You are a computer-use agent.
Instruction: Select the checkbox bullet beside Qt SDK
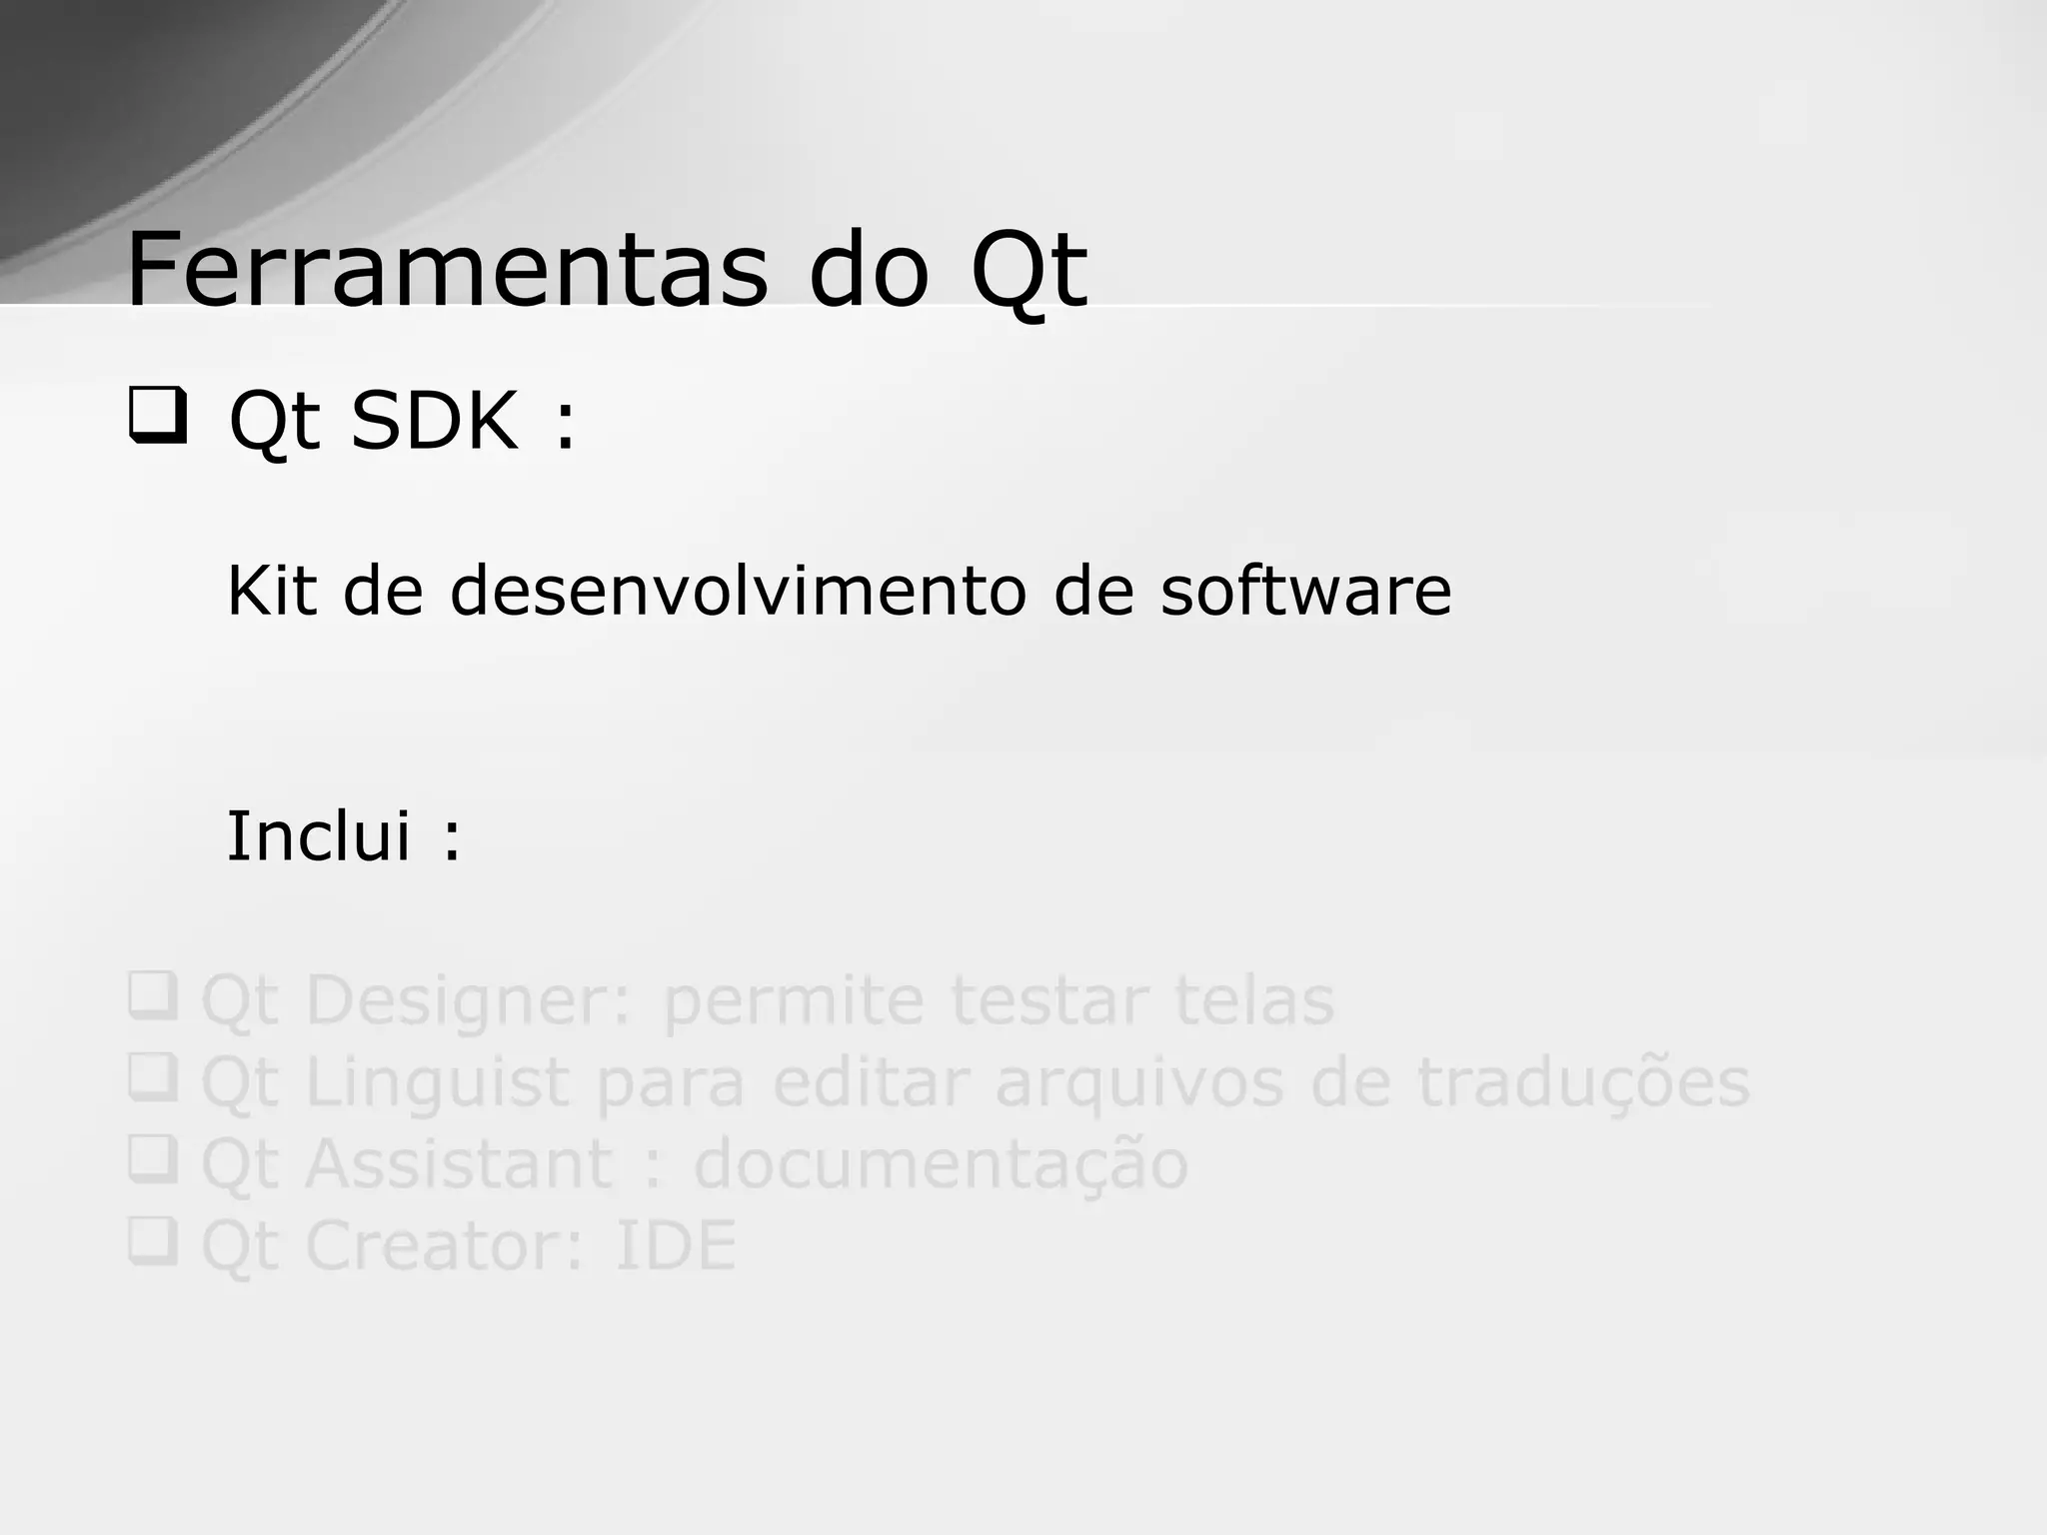point(157,417)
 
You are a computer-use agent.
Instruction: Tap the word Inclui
point(319,835)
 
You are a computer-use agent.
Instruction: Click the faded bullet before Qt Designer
point(153,995)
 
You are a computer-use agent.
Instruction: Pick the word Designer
point(469,1001)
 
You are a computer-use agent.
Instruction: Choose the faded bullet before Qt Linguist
point(153,1077)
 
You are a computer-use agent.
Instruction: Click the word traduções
point(1583,1083)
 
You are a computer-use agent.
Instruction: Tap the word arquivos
point(1138,1083)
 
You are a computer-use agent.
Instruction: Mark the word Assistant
point(459,1163)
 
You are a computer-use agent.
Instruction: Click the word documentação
point(941,1165)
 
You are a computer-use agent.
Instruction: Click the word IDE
point(675,1245)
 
